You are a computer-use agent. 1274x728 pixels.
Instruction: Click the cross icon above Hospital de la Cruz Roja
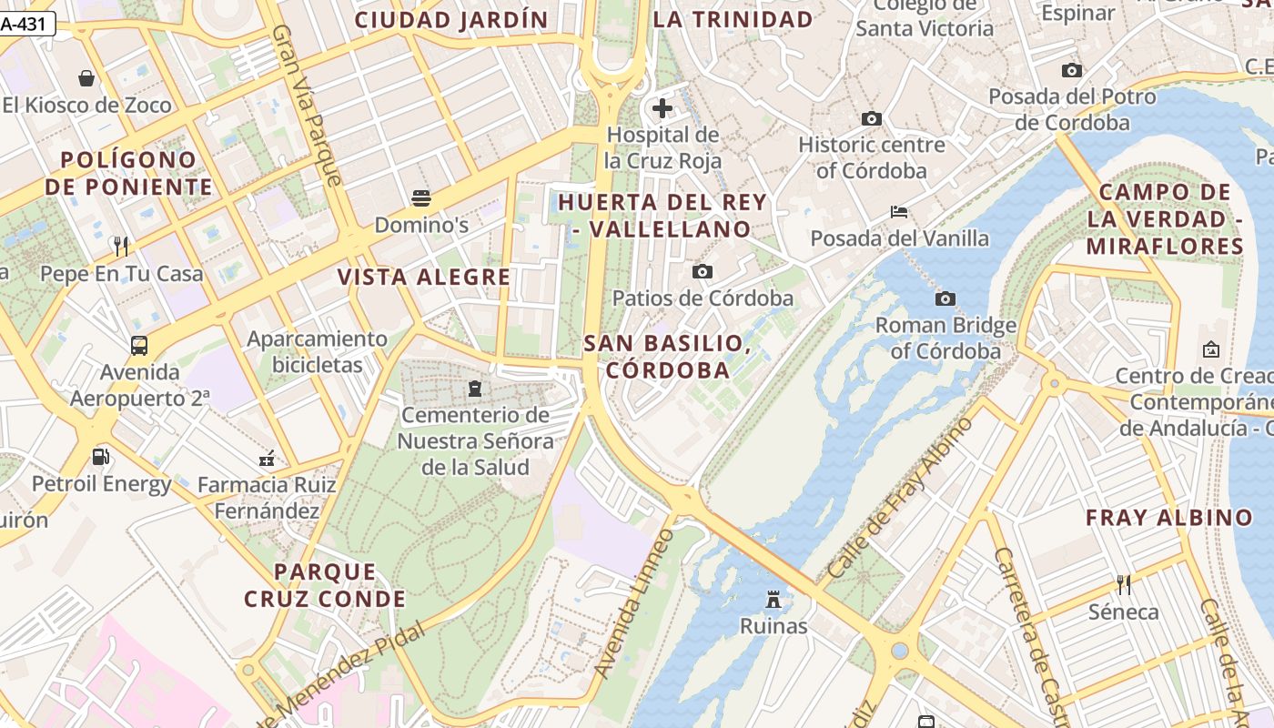point(662,108)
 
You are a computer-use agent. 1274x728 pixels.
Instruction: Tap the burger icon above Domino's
point(420,197)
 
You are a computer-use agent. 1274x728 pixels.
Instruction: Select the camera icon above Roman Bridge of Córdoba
point(945,298)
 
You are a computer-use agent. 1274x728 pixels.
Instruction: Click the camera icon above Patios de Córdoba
point(702,271)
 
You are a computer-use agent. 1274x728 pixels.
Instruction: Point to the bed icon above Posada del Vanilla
point(899,212)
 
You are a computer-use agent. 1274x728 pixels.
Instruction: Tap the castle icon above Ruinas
point(773,599)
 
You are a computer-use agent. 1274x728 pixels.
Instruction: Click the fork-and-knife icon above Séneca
point(1124,584)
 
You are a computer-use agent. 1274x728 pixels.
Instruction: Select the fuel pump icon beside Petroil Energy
point(101,457)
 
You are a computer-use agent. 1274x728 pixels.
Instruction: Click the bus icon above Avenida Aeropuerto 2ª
point(139,346)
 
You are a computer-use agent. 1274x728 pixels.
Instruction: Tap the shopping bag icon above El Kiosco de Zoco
point(86,78)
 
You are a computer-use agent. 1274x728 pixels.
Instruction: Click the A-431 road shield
point(27,25)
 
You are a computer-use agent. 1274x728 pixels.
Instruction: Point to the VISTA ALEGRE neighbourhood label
point(424,278)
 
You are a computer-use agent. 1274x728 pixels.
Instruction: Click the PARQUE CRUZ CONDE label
point(325,585)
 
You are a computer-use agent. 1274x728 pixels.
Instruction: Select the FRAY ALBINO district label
point(1169,518)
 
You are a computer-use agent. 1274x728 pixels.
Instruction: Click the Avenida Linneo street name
point(634,602)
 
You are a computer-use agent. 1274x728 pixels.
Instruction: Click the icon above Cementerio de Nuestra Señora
point(474,389)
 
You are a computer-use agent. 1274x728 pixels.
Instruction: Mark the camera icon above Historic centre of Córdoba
point(871,118)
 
